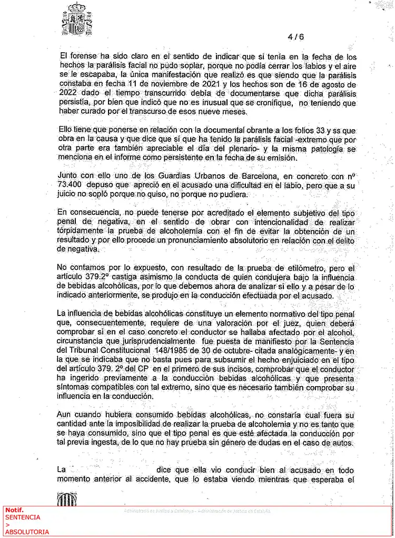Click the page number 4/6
click(x=295, y=37)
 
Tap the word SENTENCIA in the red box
click(x=22, y=517)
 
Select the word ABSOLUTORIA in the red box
click(x=27, y=532)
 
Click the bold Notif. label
click(x=14, y=510)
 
